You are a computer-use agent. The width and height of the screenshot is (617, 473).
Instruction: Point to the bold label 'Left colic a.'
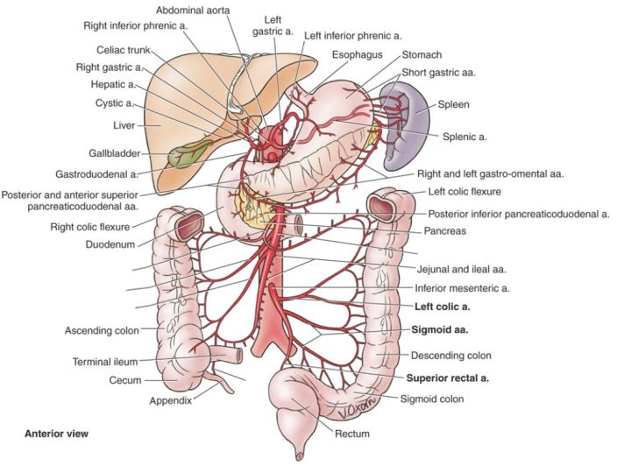pyautogui.click(x=443, y=307)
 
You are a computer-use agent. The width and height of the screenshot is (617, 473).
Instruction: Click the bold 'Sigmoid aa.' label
pyautogui.click(x=440, y=331)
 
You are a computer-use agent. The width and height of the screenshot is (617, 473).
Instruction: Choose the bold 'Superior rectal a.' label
pyautogui.click(x=447, y=379)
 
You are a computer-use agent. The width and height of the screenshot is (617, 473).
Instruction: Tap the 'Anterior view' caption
pyautogui.click(x=57, y=434)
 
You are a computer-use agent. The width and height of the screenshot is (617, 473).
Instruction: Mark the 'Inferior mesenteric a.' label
pyautogui.click(x=461, y=287)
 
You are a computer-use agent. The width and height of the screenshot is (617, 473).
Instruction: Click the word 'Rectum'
pyautogui.click(x=351, y=433)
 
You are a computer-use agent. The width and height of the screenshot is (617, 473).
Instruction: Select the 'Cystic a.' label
pyautogui.click(x=115, y=103)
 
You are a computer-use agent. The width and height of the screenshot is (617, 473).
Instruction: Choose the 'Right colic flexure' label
pyautogui.click(x=89, y=226)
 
